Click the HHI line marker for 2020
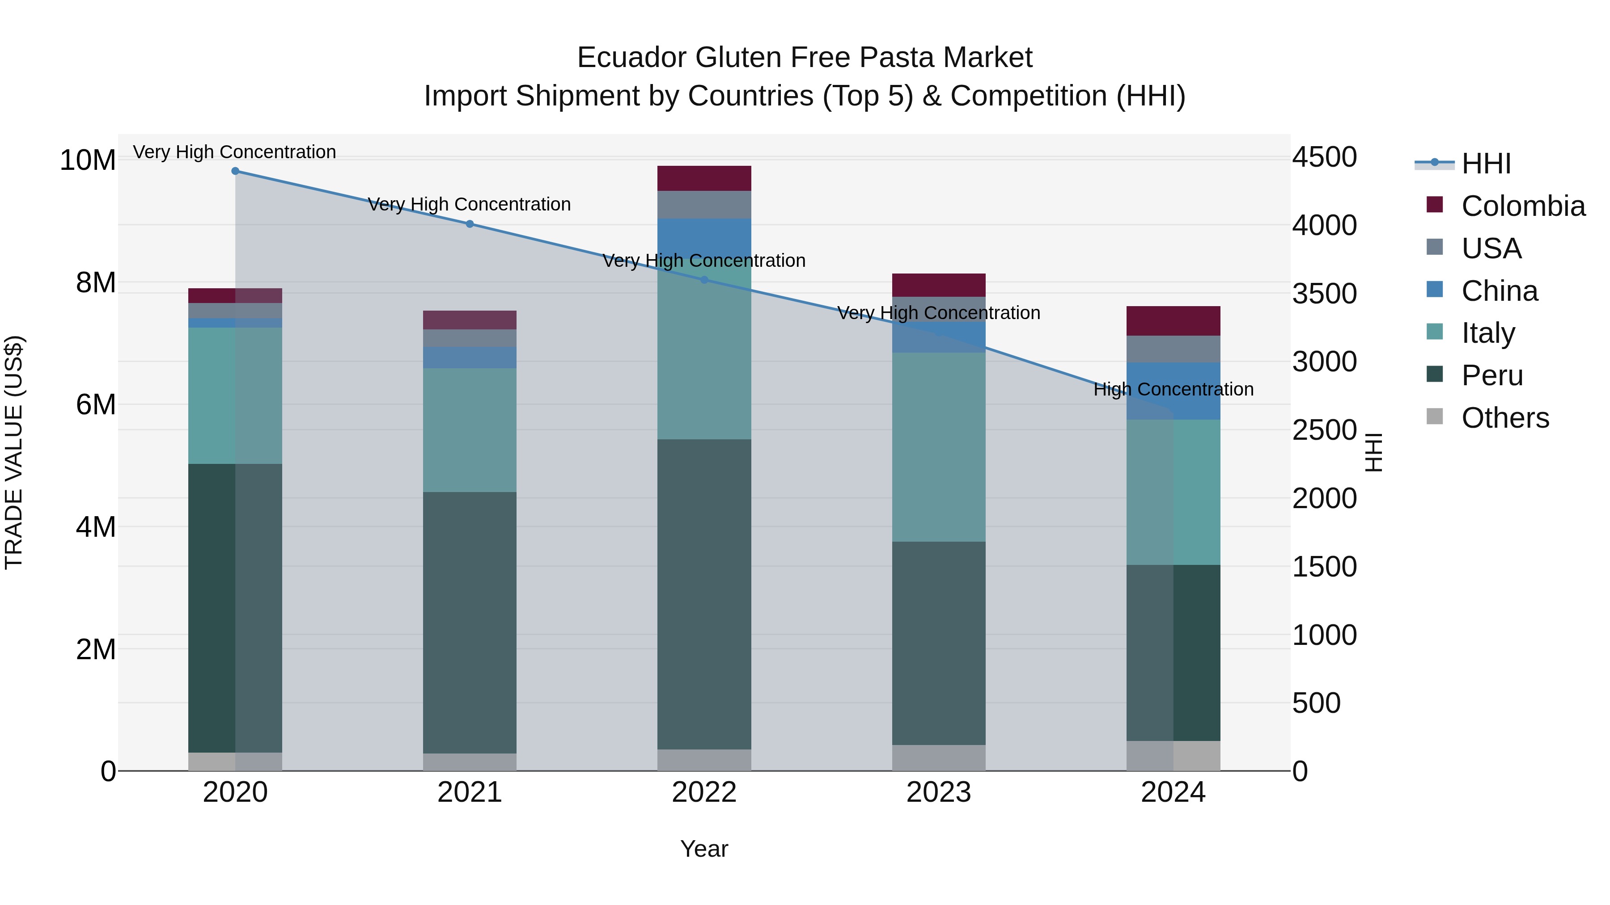click(x=235, y=171)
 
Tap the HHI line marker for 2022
click(x=704, y=280)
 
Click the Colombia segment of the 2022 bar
click(x=704, y=179)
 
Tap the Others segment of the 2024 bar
click(x=1173, y=756)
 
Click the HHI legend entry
click(x=1486, y=164)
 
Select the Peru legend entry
click(x=1492, y=375)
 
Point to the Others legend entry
click(x=1505, y=418)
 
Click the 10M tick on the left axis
click(x=88, y=160)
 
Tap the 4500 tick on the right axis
click(x=1324, y=157)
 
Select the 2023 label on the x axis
click(x=939, y=792)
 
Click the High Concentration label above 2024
click(x=1173, y=389)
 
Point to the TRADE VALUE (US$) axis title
click(x=14, y=452)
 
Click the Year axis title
click(x=704, y=849)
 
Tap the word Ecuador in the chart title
click(x=631, y=58)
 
